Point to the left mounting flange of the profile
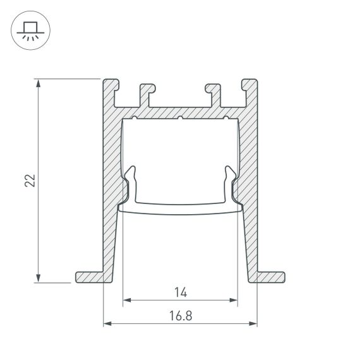tap(89, 277)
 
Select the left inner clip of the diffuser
tap(131, 183)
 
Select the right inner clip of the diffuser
tap(229, 183)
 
